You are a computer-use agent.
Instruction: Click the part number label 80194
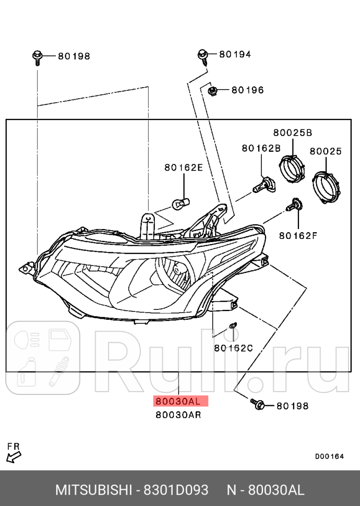click(235, 54)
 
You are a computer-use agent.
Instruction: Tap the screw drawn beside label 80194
click(202, 56)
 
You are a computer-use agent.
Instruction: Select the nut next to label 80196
click(212, 91)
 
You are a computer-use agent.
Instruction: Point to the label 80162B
click(261, 149)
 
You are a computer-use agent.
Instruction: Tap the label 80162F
click(298, 235)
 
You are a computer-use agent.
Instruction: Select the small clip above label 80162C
click(232, 328)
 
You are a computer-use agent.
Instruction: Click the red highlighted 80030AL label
click(178, 401)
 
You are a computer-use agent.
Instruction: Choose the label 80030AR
click(178, 415)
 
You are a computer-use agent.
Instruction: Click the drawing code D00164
click(329, 456)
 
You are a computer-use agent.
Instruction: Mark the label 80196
click(248, 90)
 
